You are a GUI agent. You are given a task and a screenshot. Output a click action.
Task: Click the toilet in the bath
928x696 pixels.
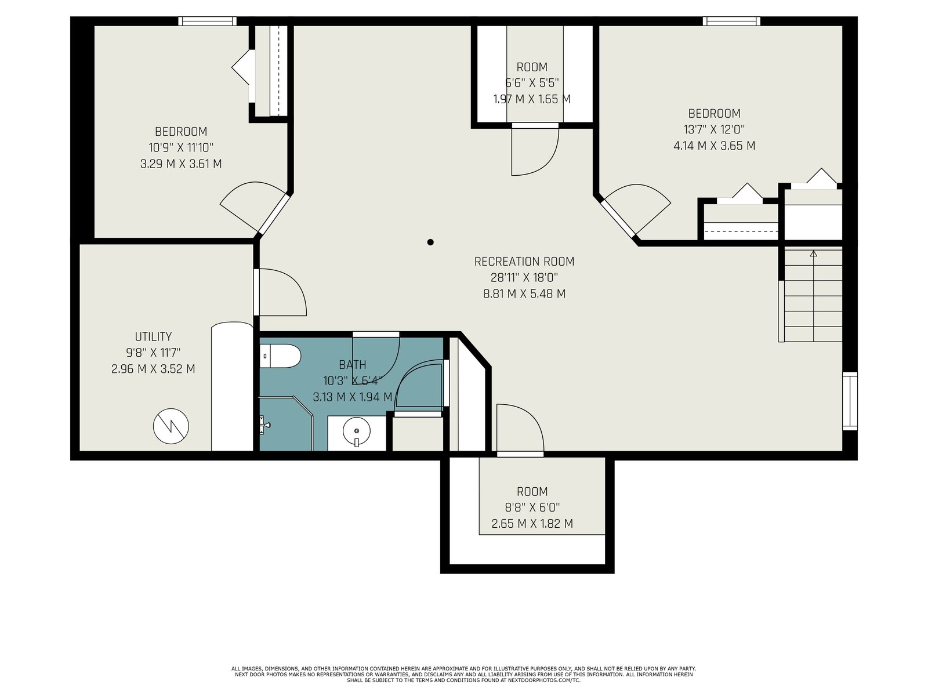pyautogui.click(x=280, y=356)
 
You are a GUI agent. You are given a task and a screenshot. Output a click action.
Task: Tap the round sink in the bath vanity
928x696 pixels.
pyautogui.click(x=356, y=431)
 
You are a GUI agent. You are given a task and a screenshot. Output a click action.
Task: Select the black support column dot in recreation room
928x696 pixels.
pyautogui.click(x=430, y=242)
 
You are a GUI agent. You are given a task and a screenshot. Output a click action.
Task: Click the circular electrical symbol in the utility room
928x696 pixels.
pyautogui.click(x=171, y=426)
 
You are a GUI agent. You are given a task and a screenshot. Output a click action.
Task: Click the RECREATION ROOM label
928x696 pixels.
pyautogui.click(x=524, y=262)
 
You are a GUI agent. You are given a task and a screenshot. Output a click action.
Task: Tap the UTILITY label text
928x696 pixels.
pyautogui.click(x=153, y=337)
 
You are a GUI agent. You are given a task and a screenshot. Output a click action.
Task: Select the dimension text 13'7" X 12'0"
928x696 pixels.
pyautogui.click(x=714, y=129)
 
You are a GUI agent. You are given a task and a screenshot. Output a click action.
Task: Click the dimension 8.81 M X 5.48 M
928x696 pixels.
pyautogui.click(x=524, y=293)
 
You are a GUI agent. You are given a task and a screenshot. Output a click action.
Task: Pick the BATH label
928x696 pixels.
pyautogui.click(x=353, y=365)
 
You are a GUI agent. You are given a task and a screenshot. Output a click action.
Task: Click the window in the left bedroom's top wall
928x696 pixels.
pyautogui.click(x=206, y=21)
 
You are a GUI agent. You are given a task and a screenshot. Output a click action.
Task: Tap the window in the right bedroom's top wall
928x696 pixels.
pyautogui.click(x=731, y=21)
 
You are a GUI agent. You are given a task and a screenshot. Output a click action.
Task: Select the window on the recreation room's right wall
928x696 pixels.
pyautogui.click(x=850, y=401)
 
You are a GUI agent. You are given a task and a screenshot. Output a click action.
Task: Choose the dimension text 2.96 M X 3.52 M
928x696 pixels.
pyautogui.click(x=153, y=369)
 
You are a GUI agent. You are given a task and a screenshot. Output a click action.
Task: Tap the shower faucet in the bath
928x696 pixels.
pyautogui.click(x=264, y=425)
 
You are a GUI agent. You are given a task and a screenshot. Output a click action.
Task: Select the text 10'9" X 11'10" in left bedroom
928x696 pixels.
pyautogui.click(x=181, y=148)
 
